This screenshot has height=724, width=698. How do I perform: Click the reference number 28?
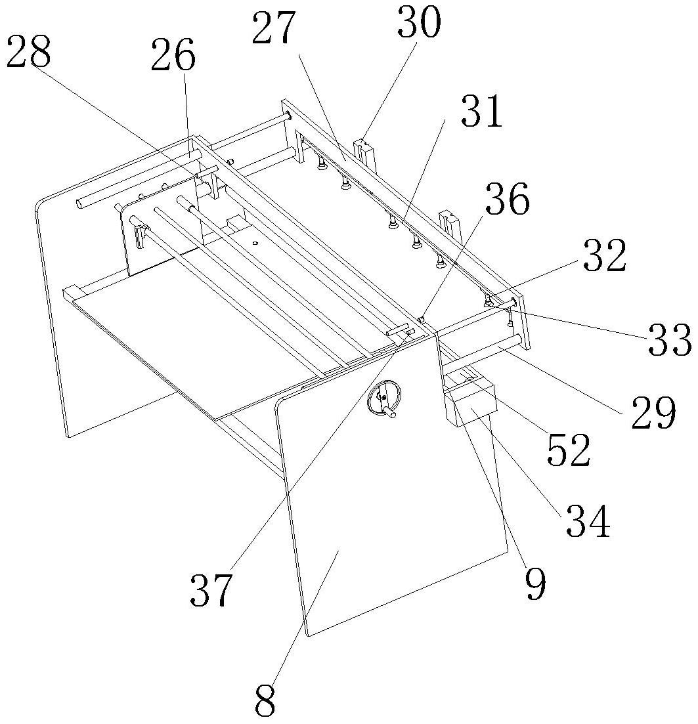click(x=28, y=54)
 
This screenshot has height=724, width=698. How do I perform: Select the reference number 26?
click(x=173, y=57)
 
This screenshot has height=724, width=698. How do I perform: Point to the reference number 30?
click(x=418, y=24)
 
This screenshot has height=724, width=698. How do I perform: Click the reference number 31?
click(x=481, y=113)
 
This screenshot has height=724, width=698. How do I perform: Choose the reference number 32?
click(x=602, y=257)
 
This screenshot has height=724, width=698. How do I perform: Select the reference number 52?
click(x=568, y=452)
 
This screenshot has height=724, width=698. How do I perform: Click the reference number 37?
click(x=211, y=590)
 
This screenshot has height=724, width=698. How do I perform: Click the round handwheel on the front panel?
click(x=384, y=399)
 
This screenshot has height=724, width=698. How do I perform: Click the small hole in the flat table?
click(x=255, y=244)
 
